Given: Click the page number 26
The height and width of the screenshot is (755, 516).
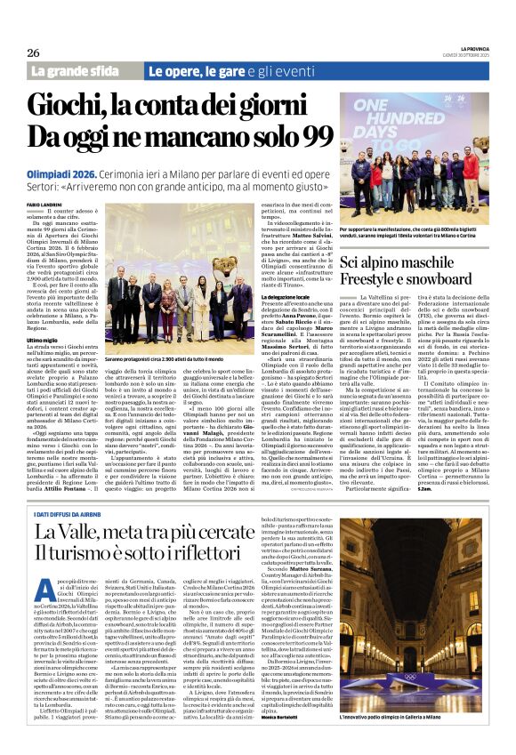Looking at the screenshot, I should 33,52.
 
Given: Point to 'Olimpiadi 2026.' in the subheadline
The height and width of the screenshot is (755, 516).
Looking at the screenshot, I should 64,169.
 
